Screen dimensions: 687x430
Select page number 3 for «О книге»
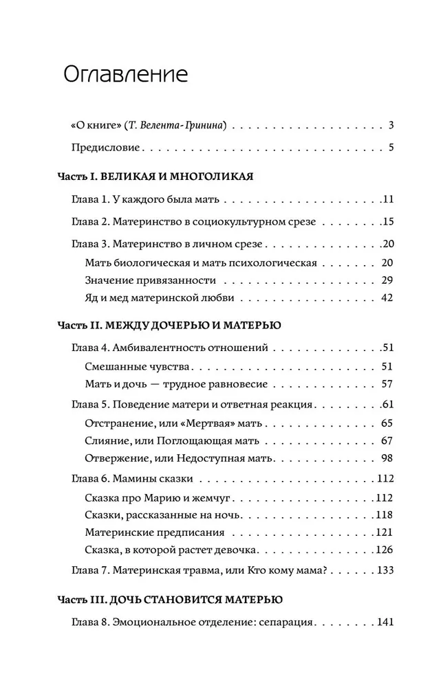click(389, 126)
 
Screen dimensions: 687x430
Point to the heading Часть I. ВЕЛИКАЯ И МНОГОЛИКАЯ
click(155, 177)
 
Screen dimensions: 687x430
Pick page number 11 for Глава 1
click(387, 200)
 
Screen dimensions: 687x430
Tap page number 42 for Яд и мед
click(385, 297)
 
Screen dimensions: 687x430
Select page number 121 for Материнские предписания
click(383, 532)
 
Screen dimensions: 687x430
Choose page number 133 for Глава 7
click(383, 570)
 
